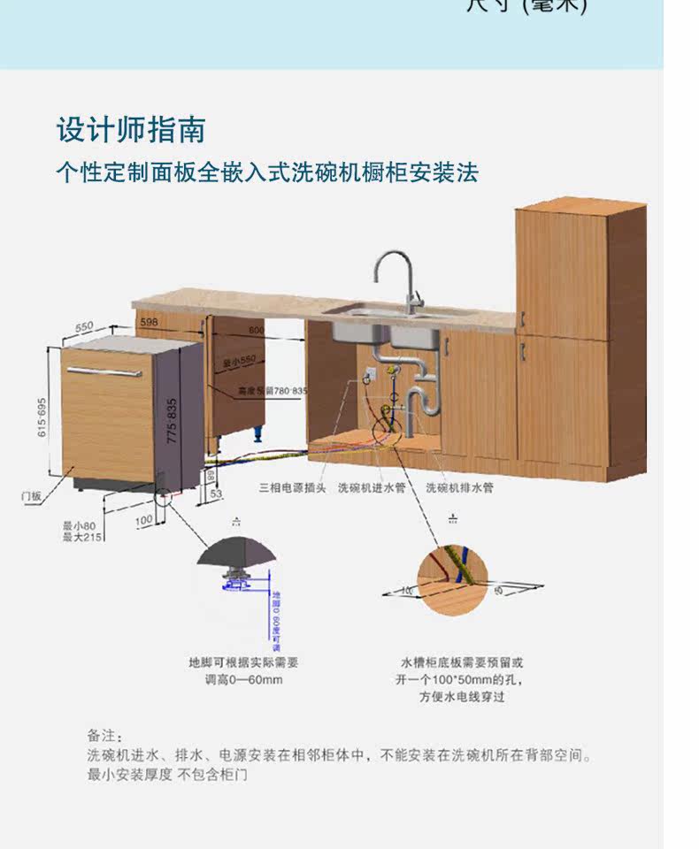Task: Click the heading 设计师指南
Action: click(x=130, y=130)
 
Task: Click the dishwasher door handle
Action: click(x=104, y=371)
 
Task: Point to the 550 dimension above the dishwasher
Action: click(x=83, y=327)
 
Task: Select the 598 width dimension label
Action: click(x=149, y=323)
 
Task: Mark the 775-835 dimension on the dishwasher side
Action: click(x=173, y=420)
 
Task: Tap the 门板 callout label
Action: click(x=31, y=496)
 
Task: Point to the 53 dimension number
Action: click(x=215, y=493)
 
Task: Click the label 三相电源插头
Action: click(x=293, y=487)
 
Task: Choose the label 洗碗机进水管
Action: click(x=372, y=487)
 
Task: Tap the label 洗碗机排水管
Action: click(x=459, y=487)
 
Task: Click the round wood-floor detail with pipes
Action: click(x=452, y=579)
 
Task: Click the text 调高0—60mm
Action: click(x=243, y=679)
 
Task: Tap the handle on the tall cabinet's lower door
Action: click(x=524, y=351)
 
